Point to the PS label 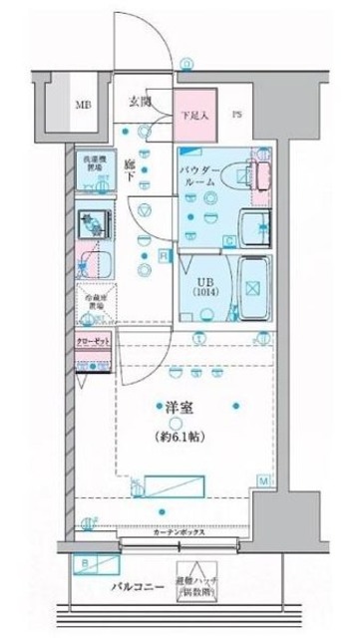(237, 113)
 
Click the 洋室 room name (168, 406)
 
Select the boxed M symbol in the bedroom (264, 481)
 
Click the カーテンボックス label (180, 532)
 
